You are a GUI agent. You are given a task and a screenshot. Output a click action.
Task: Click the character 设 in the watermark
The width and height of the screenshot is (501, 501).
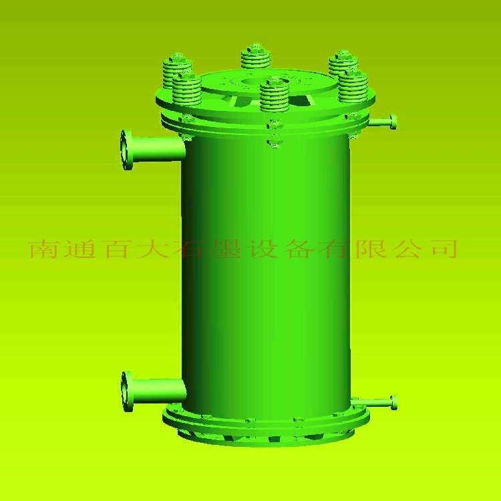click(263, 249)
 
